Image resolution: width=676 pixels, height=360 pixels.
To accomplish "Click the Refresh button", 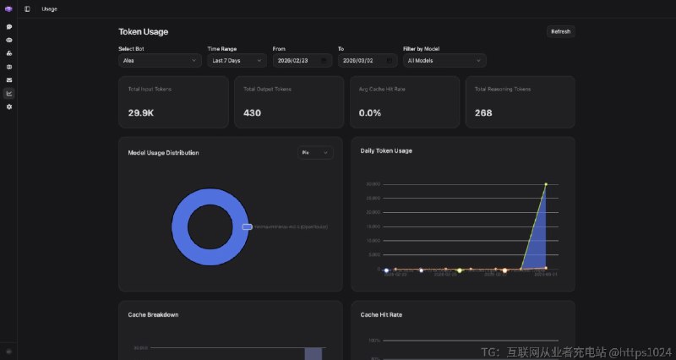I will pos(560,31).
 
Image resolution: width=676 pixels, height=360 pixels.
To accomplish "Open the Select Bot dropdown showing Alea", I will pos(160,61).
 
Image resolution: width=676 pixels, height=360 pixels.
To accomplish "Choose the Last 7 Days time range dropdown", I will pos(237,61).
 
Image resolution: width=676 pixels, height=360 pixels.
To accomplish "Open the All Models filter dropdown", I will pos(444,61).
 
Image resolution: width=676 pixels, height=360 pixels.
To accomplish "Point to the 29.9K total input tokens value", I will pos(140,112).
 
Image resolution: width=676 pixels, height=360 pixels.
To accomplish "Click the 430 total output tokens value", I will pos(252,112).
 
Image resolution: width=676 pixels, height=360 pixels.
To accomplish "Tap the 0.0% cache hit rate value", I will pos(370,112).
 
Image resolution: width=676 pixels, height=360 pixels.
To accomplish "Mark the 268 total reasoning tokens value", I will pos(483,112).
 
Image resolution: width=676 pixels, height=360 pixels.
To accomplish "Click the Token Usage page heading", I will pos(143,32).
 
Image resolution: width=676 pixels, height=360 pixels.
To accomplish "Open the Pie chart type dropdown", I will pos(316,153).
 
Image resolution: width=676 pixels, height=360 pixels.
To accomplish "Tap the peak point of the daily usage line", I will pos(546,183).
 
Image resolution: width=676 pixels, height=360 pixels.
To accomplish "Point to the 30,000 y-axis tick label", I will pos(372,183).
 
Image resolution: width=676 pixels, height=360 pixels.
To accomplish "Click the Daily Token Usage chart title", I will pos(386,150).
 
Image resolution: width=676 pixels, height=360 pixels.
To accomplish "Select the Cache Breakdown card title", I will pos(153,314).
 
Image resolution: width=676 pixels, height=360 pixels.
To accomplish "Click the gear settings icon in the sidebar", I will pos(9,106).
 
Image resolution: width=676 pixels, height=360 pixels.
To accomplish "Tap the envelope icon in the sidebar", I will pos(9,79).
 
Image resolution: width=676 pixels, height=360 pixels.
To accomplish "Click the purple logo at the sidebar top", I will pos(8,8).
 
